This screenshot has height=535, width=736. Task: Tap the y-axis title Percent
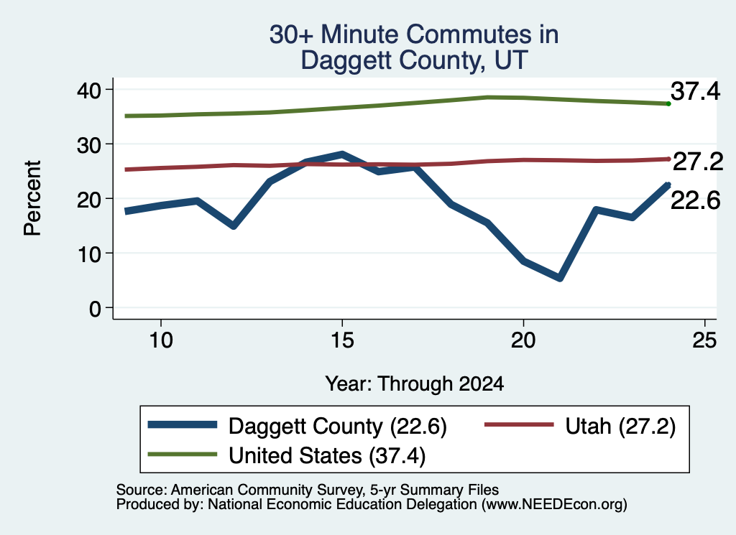tap(32, 198)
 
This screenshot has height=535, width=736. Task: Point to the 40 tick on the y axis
tap(89, 90)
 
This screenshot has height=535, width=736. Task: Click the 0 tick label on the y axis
tap(95, 309)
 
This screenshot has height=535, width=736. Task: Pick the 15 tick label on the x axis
tap(342, 340)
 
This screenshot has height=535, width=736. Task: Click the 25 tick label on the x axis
tap(704, 340)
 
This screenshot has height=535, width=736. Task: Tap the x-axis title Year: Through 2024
tap(415, 383)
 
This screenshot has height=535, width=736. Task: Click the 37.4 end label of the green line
tap(695, 91)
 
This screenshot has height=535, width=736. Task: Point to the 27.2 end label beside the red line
tap(697, 162)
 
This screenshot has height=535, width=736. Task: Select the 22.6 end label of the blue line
tap(695, 200)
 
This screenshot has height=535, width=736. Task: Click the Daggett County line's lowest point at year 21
tap(559, 278)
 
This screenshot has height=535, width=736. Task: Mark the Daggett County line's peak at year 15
tap(342, 154)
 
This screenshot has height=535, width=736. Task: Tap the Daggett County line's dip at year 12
tap(234, 226)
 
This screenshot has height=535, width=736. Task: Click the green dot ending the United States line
tap(668, 103)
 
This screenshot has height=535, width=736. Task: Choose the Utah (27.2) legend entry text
tap(620, 427)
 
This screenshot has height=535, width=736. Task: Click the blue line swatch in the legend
tap(183, 425)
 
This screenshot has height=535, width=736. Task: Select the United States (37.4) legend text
tap(327, 455)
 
